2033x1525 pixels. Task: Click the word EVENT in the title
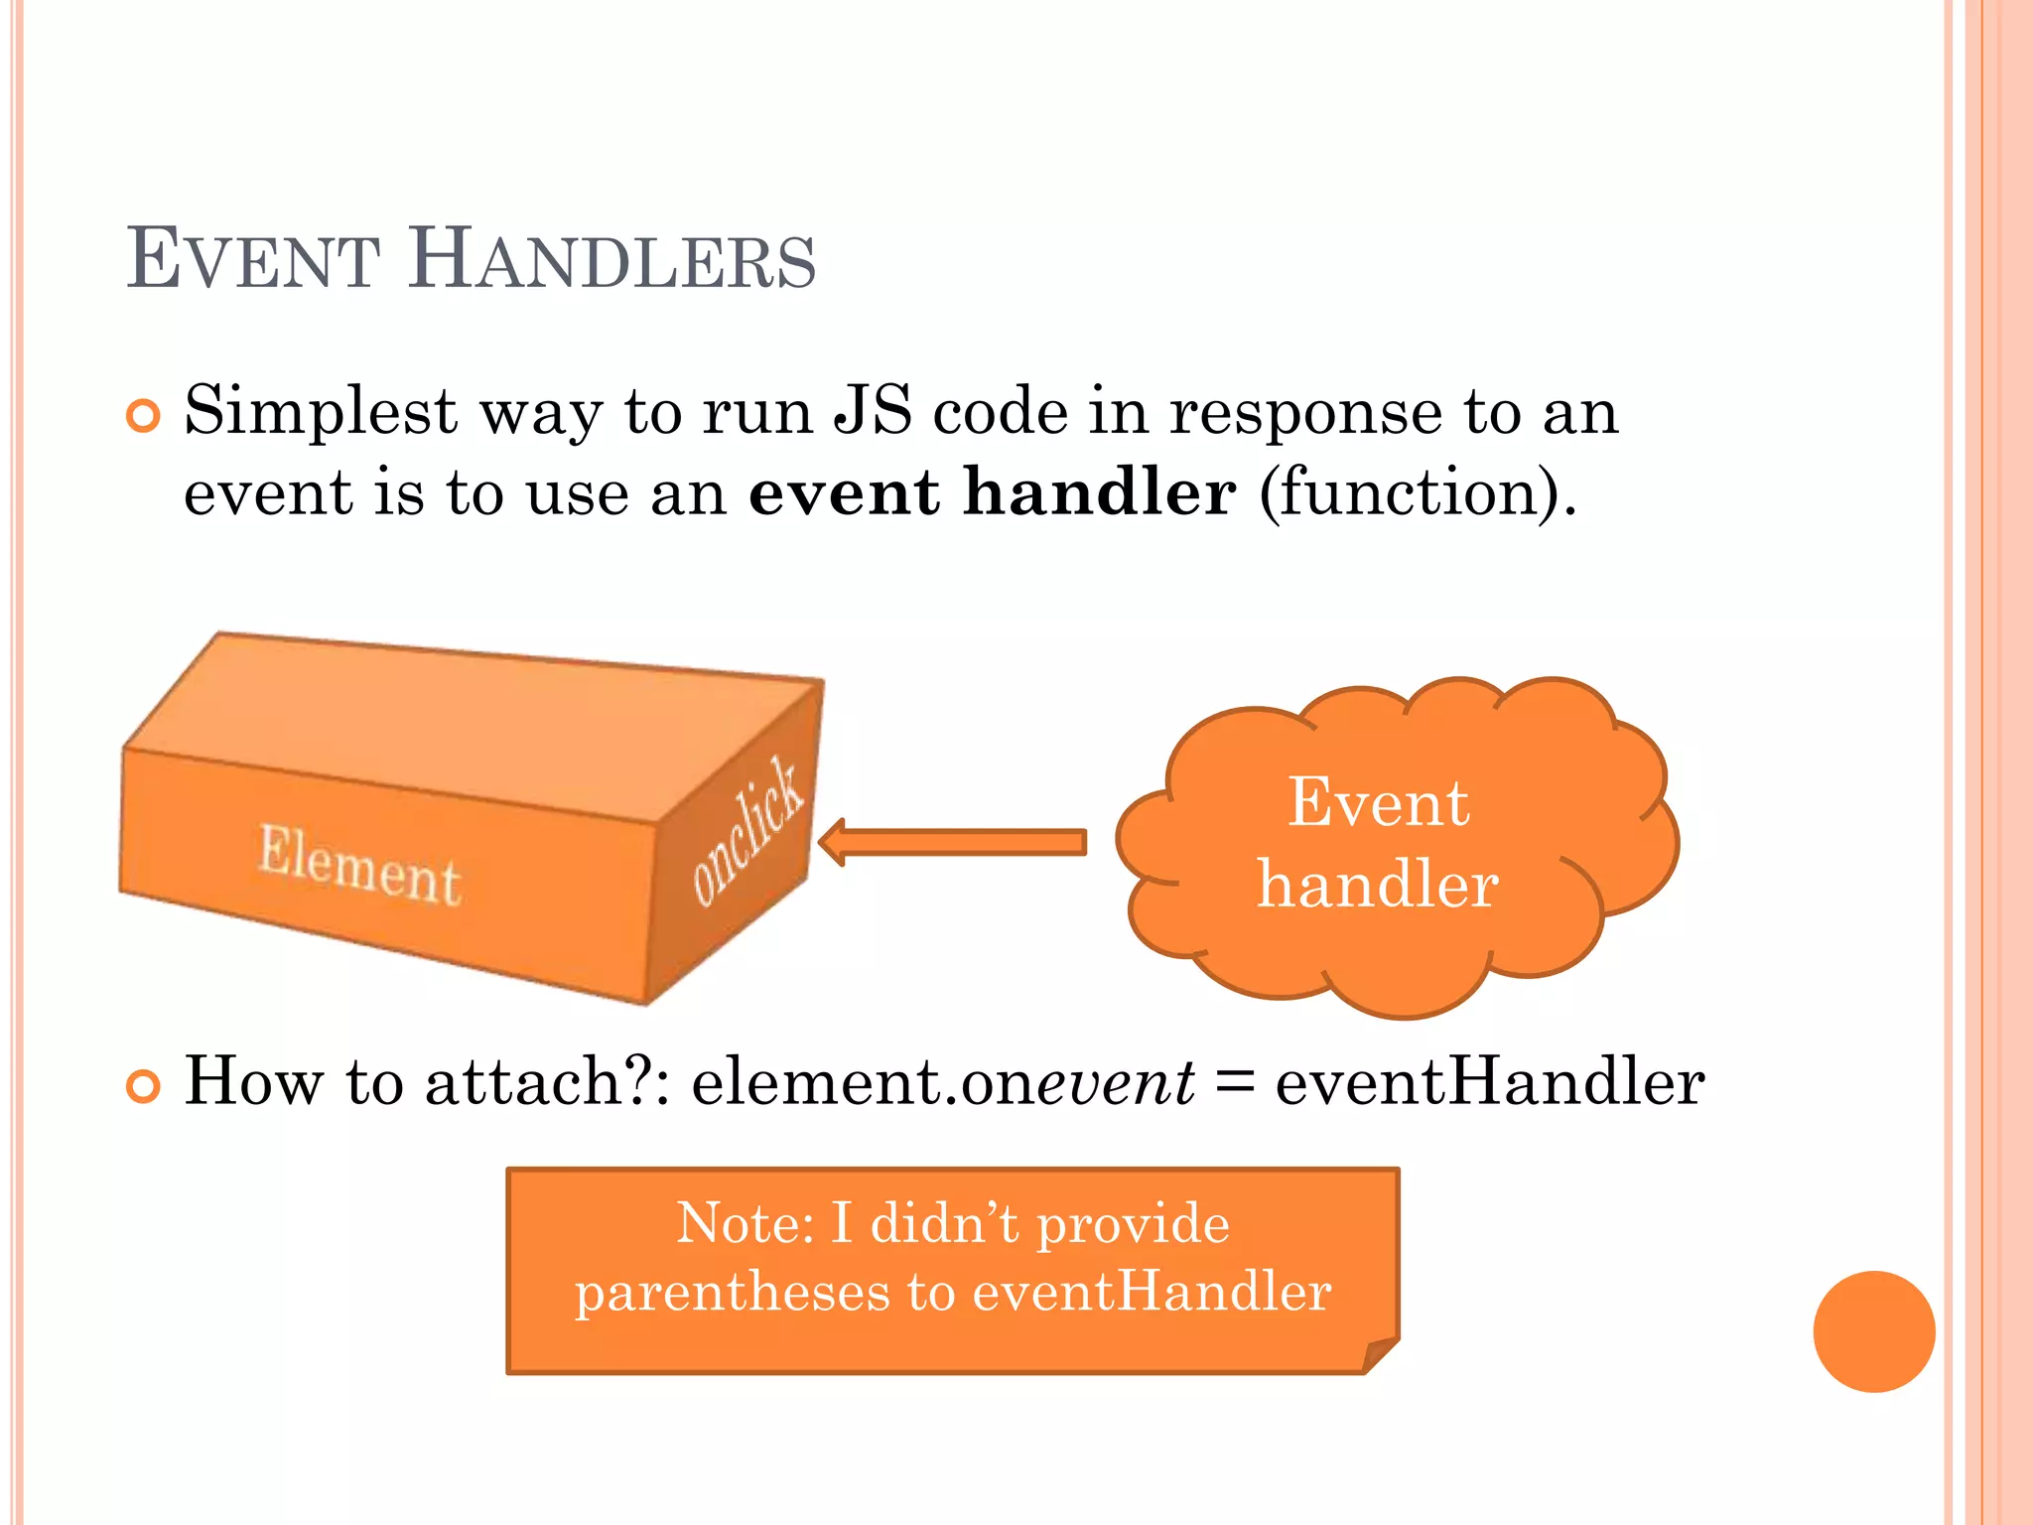[x=253, y=261]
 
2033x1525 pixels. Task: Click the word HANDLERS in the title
[x=611, y=261]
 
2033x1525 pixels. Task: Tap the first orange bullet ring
[x=144, y=416]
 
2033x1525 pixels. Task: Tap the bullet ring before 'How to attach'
[x=144, y=1087]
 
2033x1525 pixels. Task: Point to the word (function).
[x=1417, y=493]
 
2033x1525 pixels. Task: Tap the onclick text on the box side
[x=746, y=832]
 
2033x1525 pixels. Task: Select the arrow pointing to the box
[x=953, y=843]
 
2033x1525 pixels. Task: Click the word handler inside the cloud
[x=1378, y=885]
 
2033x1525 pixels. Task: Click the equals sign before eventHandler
[x=1234, y=1082]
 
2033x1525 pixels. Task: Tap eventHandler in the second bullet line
[x=1489, y=1082]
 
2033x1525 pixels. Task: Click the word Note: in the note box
[x=745, y=1223]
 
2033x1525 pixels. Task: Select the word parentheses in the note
[x=733, y=1293]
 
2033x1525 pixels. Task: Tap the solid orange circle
[x=1873, y=1331]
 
